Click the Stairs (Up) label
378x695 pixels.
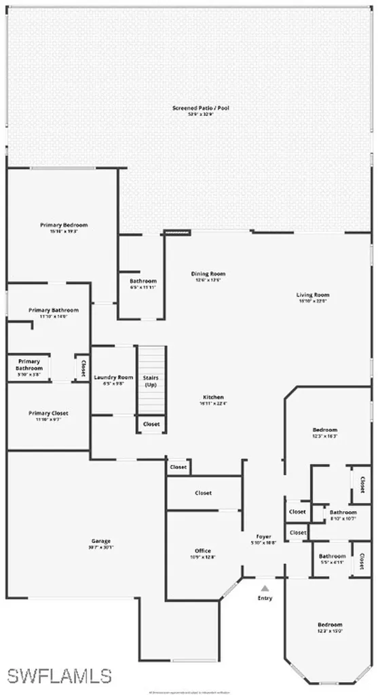pyautogui.click(x=151, y=380)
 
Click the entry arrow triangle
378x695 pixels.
pyautogui.click(x=265, y=588)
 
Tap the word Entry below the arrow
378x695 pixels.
pyautogui.click(x=265, y=598)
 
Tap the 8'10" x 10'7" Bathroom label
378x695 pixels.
pyautogui.click(x=343, y=515)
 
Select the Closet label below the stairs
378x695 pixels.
pyautogui.click(x=151, y=424)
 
